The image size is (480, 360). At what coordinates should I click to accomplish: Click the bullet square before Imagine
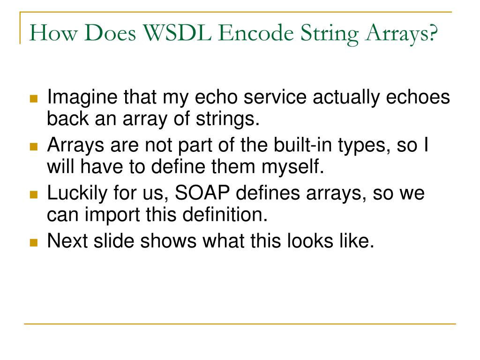(33, 99)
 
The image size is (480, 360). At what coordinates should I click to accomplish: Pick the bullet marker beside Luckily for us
(33, 195)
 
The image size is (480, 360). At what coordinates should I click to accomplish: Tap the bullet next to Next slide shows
(33, 242)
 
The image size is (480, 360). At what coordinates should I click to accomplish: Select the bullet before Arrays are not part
(33, 147)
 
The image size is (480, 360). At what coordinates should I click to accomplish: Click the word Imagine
(82, 98)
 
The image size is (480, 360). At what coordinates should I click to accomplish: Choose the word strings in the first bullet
(230, 120)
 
